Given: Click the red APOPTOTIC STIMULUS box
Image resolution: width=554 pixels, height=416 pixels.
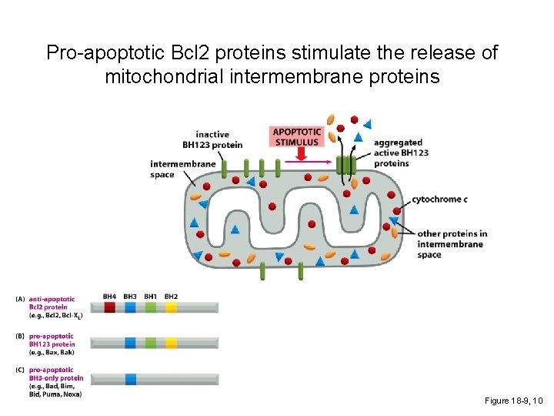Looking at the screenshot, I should (296, 136).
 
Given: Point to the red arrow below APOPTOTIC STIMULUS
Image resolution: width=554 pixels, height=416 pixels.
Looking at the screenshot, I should (300, 154).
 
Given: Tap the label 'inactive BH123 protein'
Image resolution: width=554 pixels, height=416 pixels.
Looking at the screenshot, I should (212, 139).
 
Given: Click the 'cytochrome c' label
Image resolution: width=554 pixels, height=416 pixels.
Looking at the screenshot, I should (439, 200).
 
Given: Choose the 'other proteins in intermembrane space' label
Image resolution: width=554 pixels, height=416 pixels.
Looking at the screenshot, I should (452, 243).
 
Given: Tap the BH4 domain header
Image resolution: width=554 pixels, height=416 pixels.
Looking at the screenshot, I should (109, 297).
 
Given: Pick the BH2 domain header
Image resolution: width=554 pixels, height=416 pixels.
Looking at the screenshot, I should (171, 297).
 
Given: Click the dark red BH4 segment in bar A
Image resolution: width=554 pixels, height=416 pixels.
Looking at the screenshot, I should (110, 307).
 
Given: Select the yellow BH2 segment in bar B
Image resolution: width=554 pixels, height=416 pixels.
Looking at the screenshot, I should (171, 343).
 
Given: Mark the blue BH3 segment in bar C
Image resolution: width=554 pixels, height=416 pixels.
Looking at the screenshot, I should (130, 378).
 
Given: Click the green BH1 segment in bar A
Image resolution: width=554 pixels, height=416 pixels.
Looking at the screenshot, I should (151, 307).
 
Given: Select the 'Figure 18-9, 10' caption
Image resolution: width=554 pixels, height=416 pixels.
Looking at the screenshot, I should (514, 401).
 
